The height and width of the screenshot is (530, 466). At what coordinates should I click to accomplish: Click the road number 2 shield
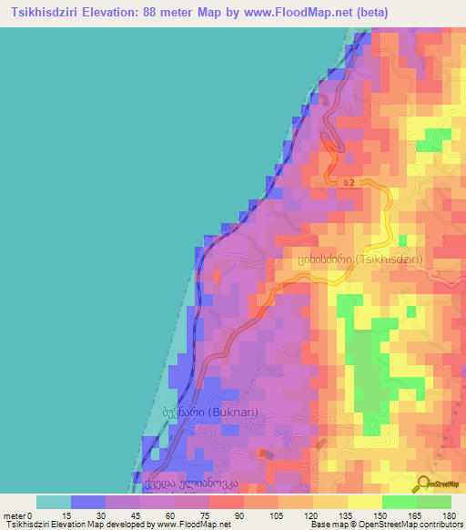coord(348,183)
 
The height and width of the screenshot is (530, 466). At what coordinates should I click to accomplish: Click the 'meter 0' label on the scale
coord(17,515)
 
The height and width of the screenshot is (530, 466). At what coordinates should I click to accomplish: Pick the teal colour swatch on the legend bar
coord(53,502)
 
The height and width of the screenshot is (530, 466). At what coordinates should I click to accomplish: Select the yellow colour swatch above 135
coord(364,502)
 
